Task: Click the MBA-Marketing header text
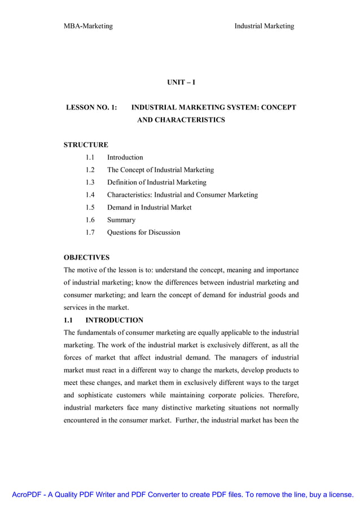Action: (88, 26)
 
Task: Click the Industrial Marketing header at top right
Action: (264, 26)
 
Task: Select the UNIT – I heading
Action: (181, 82)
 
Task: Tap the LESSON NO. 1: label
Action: (92, 107)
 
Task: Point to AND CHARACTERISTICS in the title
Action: (181, 120)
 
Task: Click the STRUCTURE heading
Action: (86, 145)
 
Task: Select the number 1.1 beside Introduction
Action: (90, 157)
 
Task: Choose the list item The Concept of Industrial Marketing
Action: (160, 170)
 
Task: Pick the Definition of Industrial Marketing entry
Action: (156, 182)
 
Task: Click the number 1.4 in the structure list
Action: (90, 195)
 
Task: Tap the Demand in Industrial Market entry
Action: (149, 207)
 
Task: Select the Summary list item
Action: (121, 220)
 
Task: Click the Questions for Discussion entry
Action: (143, 232)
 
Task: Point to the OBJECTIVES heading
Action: (86, 257)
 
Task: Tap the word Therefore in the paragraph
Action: (282, 394)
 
